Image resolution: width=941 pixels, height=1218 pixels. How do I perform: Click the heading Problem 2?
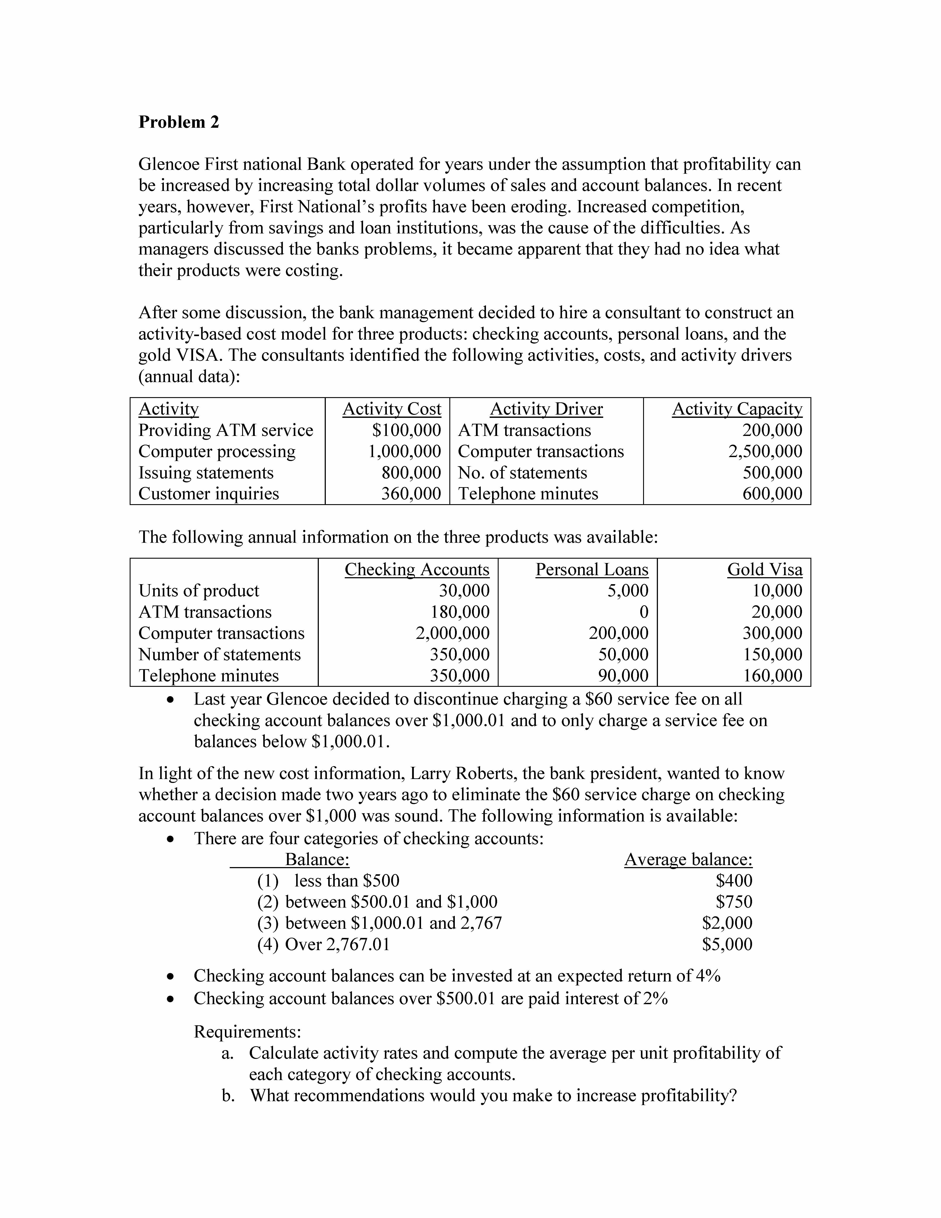178,122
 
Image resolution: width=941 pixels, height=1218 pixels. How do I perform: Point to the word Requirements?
247,1032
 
